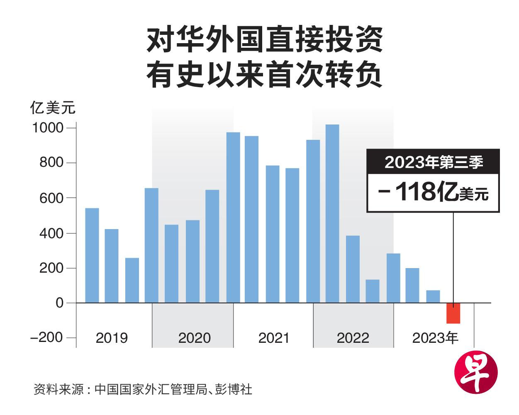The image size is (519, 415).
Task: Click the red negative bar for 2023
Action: (453, 313)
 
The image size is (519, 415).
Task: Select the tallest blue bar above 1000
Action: (332, 214)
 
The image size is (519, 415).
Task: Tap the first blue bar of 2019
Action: (92, 255)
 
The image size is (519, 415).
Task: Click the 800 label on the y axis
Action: (51, 163)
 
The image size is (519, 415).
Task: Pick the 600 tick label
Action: (51, 198)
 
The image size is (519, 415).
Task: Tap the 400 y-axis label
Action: (51, 233)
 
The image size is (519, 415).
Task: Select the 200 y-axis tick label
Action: (51, 268)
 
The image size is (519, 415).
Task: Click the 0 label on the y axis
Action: (60, 303)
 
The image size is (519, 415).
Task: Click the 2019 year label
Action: (112, 338)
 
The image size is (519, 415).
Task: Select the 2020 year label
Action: (194, 338)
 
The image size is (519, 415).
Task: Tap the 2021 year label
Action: (273, 338)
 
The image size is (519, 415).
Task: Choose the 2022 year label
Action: (353, 338)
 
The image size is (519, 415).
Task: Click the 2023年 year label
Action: (435, 338)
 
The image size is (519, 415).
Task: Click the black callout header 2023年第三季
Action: (433, 162)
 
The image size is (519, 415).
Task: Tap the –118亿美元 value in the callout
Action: (433, 193)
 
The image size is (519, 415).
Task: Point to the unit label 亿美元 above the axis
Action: (53, 108)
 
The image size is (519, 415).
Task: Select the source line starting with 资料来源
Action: (143, 390)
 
